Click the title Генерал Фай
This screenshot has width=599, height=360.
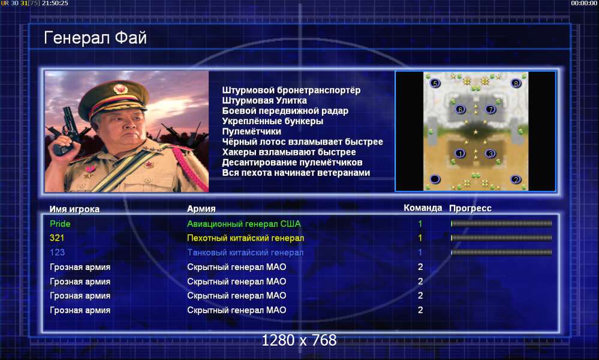[95, 38]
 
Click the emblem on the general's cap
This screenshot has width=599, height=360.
[120, 89]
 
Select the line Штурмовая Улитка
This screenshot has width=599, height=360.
[264, 101]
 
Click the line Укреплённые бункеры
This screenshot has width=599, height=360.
[273, 121]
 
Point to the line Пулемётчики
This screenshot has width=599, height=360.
[251, 131]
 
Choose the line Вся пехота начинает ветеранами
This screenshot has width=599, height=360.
[296, 173]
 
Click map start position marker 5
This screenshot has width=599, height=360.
[435, 83]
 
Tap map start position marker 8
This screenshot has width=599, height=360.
[516, 83]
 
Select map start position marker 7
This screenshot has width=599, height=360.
[490, 110]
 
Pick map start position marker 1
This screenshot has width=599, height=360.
[460, 154]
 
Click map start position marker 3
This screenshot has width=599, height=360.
[490, 154]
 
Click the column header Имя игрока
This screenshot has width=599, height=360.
[74, 209]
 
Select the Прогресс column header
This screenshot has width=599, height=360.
[470, 208]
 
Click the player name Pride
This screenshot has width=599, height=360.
[60, 224]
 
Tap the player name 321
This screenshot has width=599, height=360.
[57, 238]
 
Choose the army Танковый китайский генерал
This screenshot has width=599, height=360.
[245, 252]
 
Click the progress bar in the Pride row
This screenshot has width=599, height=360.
[501, 224]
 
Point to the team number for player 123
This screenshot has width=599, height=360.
[420, 252]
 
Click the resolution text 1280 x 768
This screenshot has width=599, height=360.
[299, 340]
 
